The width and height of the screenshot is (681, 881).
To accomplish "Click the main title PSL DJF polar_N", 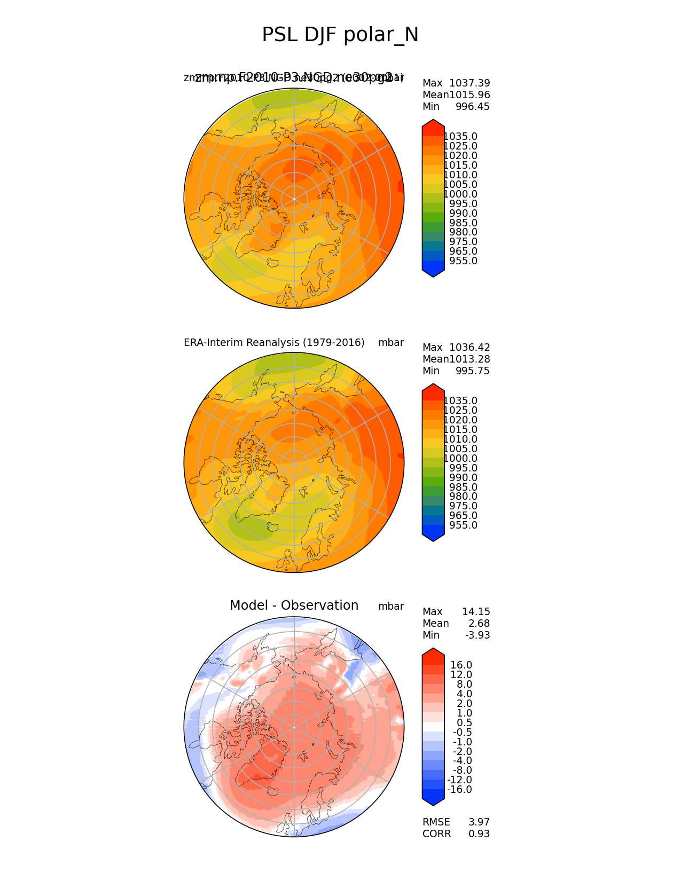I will [x=340, y=35].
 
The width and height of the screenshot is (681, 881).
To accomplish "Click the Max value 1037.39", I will [x=469, y=83].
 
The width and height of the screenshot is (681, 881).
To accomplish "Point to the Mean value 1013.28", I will [x=469, y=359].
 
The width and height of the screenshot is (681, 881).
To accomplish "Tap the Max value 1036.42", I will [x=469, y=348].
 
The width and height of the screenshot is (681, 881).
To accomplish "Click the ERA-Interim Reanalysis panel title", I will [x=274, y=343].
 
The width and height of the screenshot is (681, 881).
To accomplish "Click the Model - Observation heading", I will [x=294, y=605].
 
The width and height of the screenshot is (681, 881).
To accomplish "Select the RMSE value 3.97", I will [x=479, y=822].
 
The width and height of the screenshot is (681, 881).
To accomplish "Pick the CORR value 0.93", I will [x=479, y=834].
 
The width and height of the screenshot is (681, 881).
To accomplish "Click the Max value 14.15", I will [x=476, y=612].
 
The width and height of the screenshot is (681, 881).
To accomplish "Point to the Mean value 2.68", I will [x=479, y=624].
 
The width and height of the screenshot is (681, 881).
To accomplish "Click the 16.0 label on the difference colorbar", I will [x=461, y=665].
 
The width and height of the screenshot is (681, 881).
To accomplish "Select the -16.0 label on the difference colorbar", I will [x=459, y=790].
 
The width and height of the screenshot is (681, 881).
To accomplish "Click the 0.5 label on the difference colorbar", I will [x=464, y=723].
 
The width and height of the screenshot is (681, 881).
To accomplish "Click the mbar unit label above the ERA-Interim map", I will [x=391, y=343].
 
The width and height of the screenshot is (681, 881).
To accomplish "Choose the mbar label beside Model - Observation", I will [x=391, y=607].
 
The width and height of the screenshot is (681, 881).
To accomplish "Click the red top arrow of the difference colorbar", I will [x=433, y=655].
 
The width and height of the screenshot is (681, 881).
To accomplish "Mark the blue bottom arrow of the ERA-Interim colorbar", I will [x=433, y=535].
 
